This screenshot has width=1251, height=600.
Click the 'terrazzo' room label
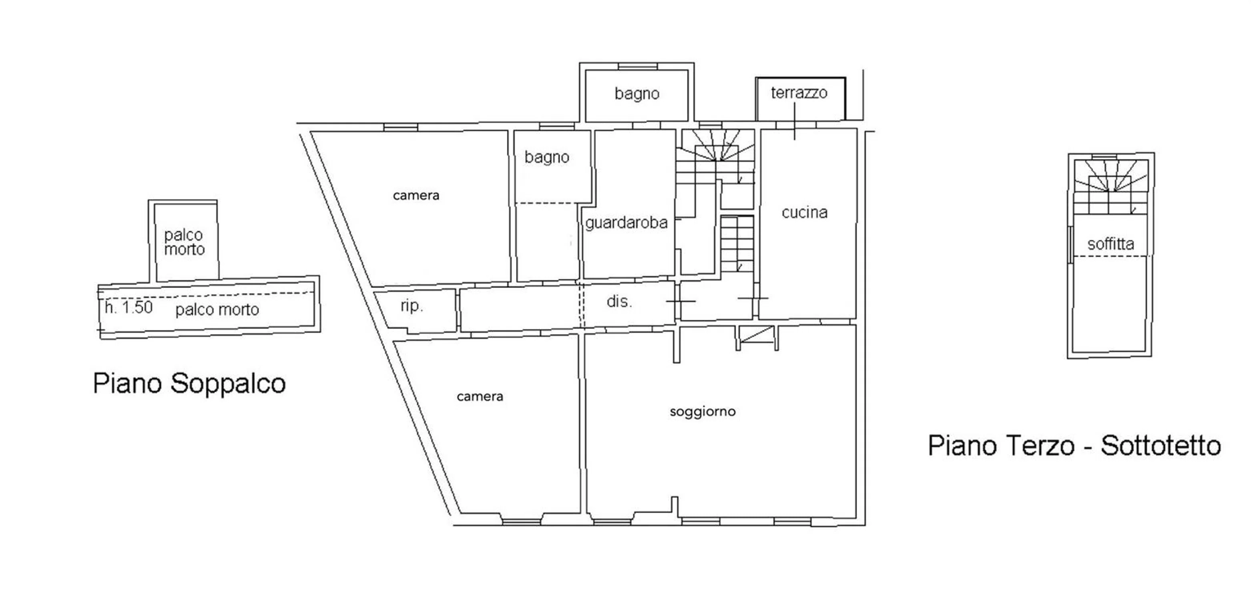point(799,92)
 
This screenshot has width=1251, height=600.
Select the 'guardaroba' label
point(626,222)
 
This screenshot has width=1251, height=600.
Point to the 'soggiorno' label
point(702,412)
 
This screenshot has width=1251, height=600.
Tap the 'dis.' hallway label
point(619,302)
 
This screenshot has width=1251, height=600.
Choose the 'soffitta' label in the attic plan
point(1110,243)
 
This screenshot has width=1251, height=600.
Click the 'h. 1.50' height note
point(129,307)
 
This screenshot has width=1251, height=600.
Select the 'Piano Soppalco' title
point(189,384)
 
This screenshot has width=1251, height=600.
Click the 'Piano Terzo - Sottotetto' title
point(1074,445)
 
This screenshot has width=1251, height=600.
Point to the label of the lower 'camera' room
point(480,397)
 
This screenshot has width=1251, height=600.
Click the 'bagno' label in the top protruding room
point(637,94)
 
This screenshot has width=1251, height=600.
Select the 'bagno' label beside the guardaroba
point(546,157)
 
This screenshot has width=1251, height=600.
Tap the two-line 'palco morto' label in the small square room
point(184,242)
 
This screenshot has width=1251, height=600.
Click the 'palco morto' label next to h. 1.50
point(217,309)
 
